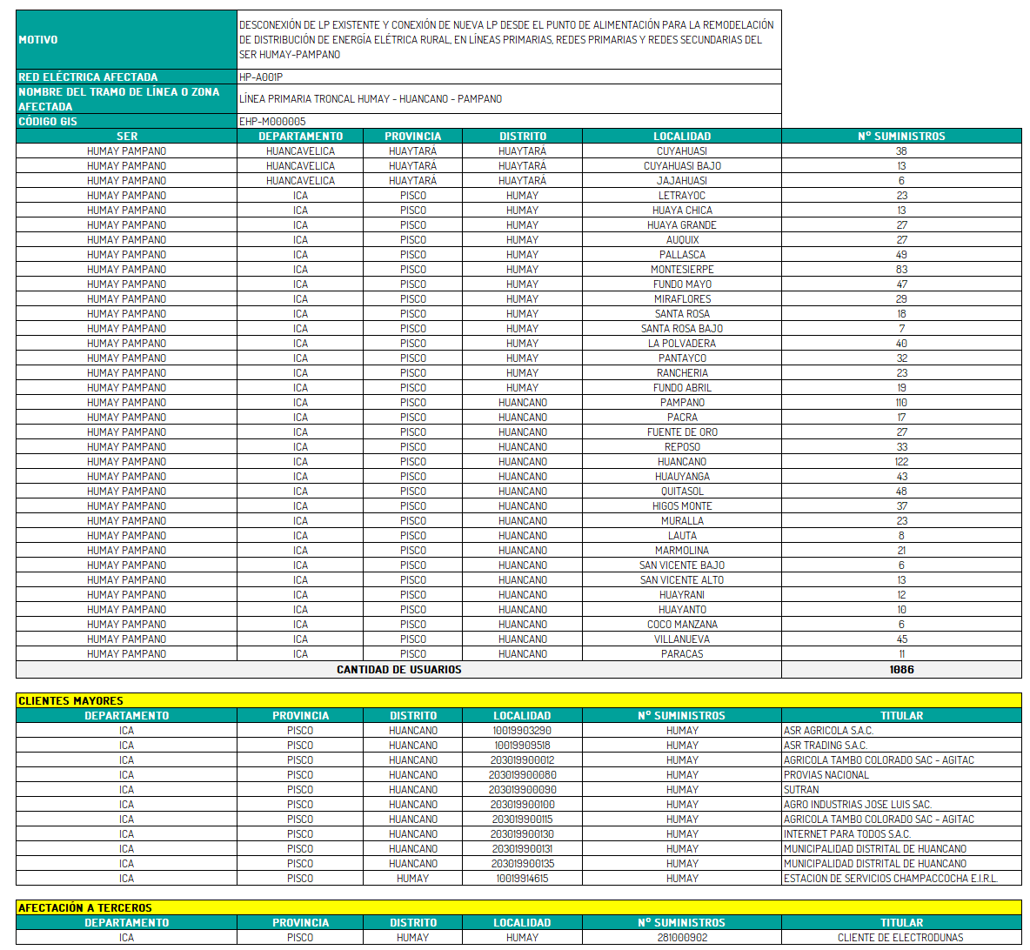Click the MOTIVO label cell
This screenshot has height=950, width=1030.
pyautogui.click(x=38, y=40)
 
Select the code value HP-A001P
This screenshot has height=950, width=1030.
pyautogui.click(x=261, y=77)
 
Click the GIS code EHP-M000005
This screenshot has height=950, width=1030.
pyautogui.click(x=272, y=122)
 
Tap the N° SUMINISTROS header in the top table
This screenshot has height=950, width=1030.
pyautogui.click(x=901, y=137)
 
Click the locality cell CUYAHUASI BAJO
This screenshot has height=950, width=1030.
pyautogui.click(x=682, y=166)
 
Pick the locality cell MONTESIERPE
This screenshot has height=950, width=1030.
pyautogui.click(x=682, y=270)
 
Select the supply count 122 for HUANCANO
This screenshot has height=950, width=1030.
pyautogui.click(x=901, y=462)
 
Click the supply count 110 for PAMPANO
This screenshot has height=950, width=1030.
pyautogui.click(x=901, y=403)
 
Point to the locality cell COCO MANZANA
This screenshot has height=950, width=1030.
pyautogui.click(x=682, y=625)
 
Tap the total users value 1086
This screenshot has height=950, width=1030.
pyautogui.click(x=901, y=670)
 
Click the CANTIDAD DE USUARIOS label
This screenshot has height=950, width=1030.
pyautogui.click(x=398, y=670)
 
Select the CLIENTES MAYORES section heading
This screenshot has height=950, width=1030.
pyautogui.click(x=71, y=701)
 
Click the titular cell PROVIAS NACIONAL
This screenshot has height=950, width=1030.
pyautogui.click(x=826, y=775)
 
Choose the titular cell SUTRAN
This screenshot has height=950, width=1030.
pyautogui.click(x=801, y=790)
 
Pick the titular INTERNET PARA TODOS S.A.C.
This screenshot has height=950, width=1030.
pyautogui.click(x=846, y=834)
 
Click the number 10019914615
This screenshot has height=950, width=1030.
pyautogui.click(x=522, y=879)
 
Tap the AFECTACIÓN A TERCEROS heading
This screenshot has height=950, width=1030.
pyautogui.click(x=85, y=908)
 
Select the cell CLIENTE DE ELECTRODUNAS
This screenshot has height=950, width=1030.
pyautogui.click(x=900, y=938)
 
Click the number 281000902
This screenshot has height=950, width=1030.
pyautogui.click(x=682, y=938)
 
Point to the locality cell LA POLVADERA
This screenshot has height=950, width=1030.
pyautogui.click(x=682, y=344)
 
